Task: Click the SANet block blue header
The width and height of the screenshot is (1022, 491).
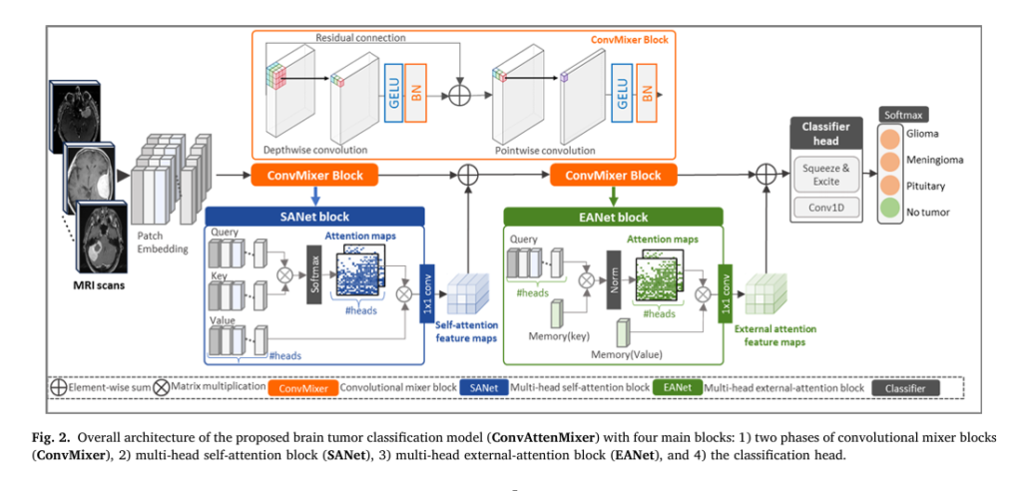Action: point(315,216)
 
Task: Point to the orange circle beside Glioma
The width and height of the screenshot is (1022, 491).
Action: point(889,134)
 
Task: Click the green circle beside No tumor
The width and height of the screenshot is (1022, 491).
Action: point(889,212)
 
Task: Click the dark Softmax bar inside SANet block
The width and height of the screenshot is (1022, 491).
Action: point(312,274)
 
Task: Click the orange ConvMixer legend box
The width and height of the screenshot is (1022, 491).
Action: point(302,385)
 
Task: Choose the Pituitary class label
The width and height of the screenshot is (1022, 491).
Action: point(927,186)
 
